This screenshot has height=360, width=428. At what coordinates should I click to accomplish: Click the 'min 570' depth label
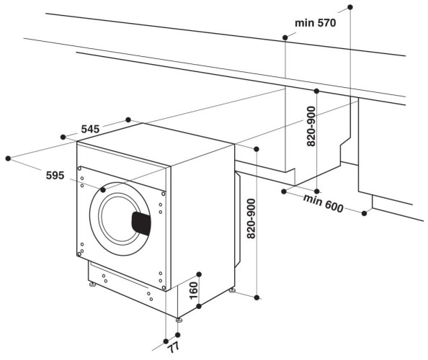[315, 23]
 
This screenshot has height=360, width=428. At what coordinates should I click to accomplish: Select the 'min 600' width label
[323, 204]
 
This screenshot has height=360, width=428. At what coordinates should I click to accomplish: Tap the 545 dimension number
[90, 129]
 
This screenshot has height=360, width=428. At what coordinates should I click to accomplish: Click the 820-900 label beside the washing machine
[250, 220]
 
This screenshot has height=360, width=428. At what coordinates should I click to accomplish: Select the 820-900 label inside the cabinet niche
[311, 128]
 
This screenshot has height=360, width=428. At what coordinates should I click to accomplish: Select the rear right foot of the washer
[231, 290]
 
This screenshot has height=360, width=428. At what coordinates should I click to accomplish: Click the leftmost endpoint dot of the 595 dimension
[8, 156]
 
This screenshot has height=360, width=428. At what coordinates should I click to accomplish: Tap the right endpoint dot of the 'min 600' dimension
[365, 213]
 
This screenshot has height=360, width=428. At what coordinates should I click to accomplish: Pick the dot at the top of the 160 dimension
[199, 274]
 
